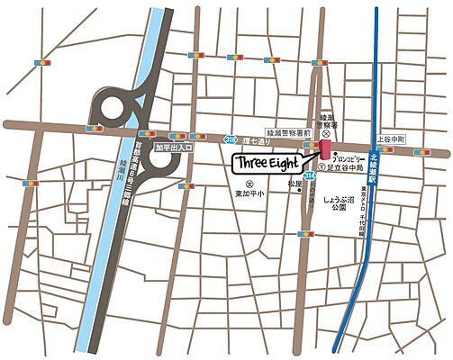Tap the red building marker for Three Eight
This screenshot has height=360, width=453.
[x=323, y=149]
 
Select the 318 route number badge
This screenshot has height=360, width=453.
[x=230, y=140]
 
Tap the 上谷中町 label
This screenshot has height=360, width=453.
[x=392, y=139]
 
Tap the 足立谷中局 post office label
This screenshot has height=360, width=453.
[x=346, y=167]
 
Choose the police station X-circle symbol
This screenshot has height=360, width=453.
[x=326, y=130]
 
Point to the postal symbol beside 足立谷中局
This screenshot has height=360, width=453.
[x=322, y=167]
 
